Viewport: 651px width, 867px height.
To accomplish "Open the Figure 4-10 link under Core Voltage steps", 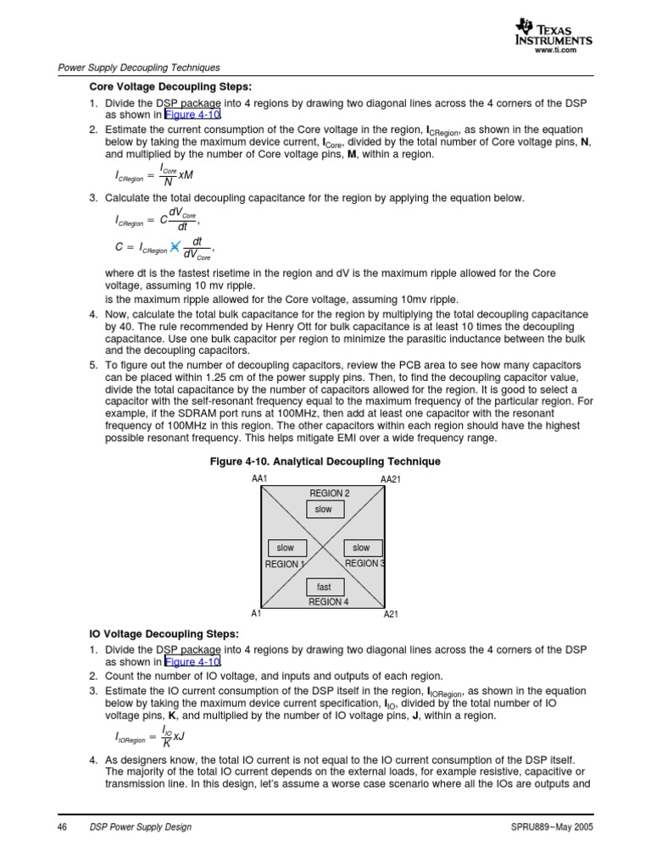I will click(x=192, y=115).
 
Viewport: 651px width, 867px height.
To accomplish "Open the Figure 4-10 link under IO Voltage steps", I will click(x=192, y=662).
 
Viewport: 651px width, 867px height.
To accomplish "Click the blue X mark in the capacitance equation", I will click(x=175, y=247).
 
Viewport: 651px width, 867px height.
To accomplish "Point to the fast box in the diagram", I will click(x=324, y=587).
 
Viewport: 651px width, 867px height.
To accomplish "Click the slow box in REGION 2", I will click(x=324, y=509).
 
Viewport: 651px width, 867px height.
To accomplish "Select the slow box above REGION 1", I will click(x=286, y=548).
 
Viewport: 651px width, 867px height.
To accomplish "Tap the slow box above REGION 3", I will click(x=361, y=548).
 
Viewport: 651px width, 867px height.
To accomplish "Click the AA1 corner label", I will click(x=259, y=479).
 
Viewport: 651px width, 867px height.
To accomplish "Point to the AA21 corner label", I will click(x=390, y=479).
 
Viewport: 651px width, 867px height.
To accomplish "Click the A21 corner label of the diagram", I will click(x=391, y=615).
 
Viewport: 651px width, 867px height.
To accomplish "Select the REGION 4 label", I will click(x=328, y=602).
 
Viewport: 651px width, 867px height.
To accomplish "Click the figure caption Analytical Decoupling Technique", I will click(x=325, y=461).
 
